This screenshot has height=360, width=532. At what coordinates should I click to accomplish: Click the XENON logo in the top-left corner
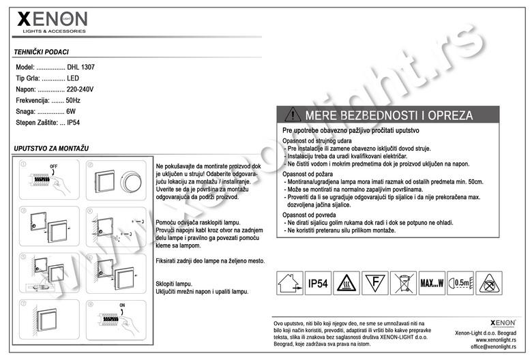tap(51, 21)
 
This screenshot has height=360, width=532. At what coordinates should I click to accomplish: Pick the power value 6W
tap(71, 111)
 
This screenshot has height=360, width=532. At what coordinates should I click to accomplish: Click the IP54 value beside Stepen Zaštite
tap(74, 123)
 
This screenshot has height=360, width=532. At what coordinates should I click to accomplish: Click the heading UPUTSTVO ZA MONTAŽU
tap(51, 149)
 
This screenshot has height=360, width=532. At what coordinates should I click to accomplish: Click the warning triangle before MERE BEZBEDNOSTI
tap(293, 115)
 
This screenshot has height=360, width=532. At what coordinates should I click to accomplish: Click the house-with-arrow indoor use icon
tap(287, 282)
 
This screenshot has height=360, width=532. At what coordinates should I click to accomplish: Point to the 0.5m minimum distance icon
tap(460, 282)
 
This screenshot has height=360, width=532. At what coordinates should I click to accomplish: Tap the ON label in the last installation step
tap(121, 305)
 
